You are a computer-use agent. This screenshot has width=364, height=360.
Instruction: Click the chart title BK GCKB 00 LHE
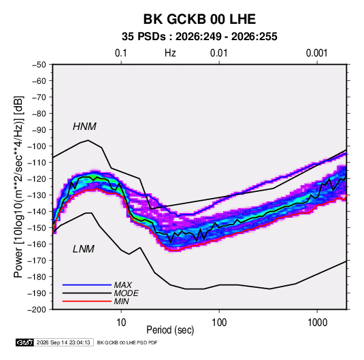click(199, 19)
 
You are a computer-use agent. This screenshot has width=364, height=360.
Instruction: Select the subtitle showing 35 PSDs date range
click(199, 37)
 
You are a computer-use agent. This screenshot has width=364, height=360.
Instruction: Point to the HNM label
click(84, 127)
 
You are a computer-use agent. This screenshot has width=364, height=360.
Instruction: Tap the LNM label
click(84, 249)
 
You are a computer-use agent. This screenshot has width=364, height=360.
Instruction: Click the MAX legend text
click(123, 284)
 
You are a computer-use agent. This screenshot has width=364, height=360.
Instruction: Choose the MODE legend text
click(127, 293)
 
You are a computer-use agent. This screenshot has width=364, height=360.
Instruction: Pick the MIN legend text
click(121, 301)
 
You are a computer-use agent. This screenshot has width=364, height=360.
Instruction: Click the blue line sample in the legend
click(87, 284)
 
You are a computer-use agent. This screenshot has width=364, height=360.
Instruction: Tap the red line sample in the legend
click(87, 301)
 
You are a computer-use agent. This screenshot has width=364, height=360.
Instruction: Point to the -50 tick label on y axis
click(39, 65)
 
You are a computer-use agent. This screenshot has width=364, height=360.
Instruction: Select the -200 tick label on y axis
click(37, 310)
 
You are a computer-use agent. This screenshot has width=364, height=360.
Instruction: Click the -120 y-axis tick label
click(37, 179)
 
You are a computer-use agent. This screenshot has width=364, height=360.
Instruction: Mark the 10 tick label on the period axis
click(121, 323)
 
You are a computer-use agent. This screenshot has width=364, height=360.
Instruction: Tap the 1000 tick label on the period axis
click(317, 323)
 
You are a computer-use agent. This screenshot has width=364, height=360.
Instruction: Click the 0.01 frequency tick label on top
click(218, 53)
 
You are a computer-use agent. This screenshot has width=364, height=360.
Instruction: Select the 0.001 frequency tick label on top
click(316, 53)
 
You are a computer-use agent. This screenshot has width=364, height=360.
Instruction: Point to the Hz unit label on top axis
click(170, 53)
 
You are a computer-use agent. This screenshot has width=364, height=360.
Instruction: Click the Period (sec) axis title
click(170, 330)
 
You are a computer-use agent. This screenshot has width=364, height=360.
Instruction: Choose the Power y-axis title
click(18, 186)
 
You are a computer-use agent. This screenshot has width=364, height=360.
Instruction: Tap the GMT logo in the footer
click(25, 342)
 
